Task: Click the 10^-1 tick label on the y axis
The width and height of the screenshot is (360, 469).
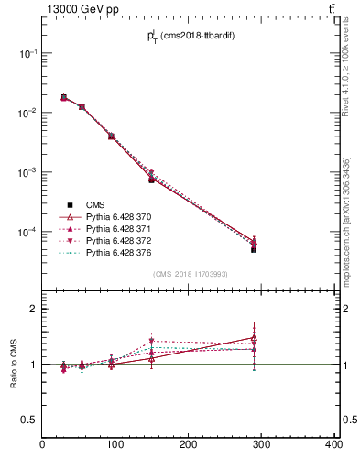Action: coord(28,54)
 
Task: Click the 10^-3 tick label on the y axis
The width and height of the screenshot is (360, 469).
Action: coord(28,173)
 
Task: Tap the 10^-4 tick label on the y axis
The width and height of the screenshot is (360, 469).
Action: coord(28,233)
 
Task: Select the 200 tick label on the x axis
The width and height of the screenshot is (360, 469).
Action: coord(188,444)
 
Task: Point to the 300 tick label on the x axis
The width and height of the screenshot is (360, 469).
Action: coord(261,444)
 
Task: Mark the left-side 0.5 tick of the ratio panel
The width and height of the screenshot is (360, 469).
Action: coord(30,420)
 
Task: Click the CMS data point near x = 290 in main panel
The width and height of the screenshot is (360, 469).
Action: coord(253,249)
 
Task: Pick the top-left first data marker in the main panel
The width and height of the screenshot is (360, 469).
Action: coord(63,97)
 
